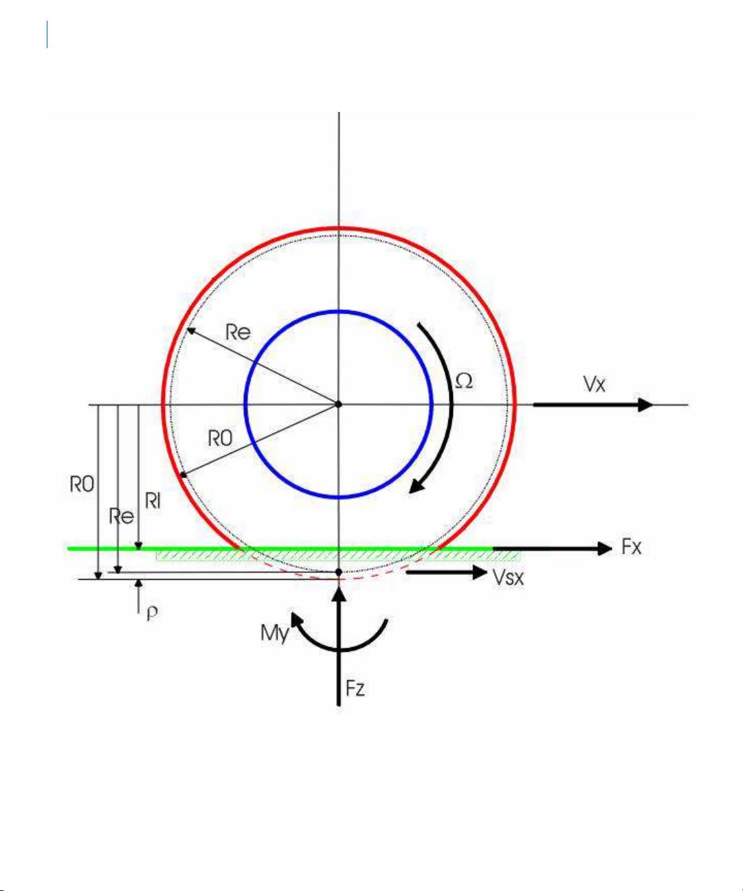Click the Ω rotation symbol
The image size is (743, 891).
pos(464,381)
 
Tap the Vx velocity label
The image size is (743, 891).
pos(594,385)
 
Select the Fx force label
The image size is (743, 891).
pos(631,547)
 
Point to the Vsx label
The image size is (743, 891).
pos(508,578)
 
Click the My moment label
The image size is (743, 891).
pos(274,633)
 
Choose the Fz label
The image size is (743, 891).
pos(355,688)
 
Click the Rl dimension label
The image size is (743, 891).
pos(153,501)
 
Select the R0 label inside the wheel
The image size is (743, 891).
pos(220,438)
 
